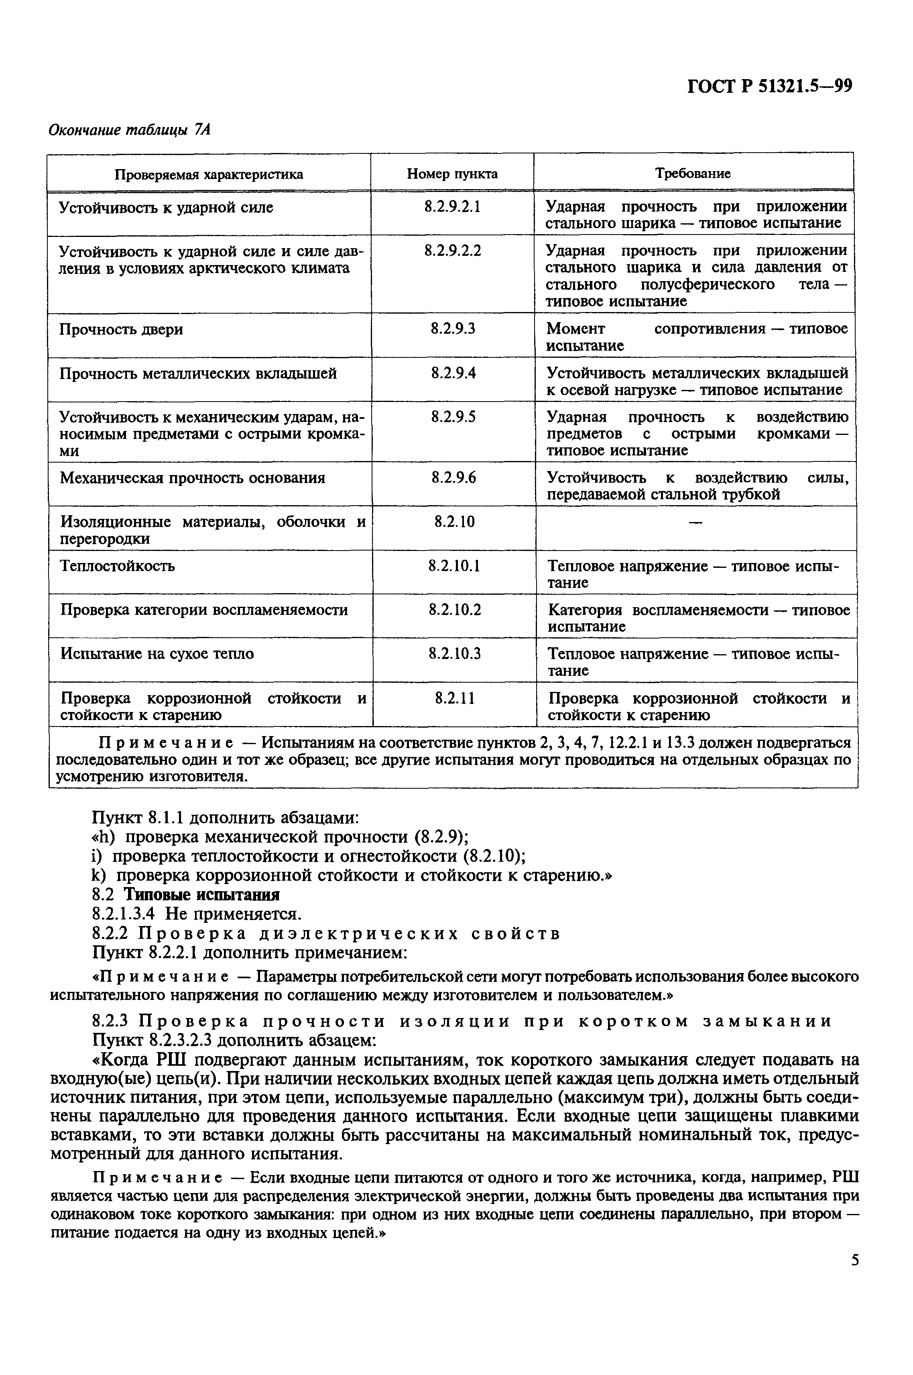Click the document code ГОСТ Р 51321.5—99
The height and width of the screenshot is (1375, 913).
pos(770,87)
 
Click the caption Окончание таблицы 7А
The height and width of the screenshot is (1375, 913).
pos(129,129)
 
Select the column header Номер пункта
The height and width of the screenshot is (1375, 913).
pos(452,173)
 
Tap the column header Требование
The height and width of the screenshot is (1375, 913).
pos(693,173)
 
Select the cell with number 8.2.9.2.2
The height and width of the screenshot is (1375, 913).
pos(452,251)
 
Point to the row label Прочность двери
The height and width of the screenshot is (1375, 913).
pos(122,330)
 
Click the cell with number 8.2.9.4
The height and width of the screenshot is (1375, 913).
pos(453,373)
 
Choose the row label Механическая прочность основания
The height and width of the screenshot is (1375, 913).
pos(193,478)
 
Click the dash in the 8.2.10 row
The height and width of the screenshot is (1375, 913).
pos(695,522)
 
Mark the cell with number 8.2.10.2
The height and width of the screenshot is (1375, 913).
pos(454,610)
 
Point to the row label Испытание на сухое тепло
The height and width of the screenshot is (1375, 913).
pos(157,654)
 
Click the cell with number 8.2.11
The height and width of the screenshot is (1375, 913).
pos(454,698)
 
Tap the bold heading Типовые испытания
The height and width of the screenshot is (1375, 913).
pos(203,894)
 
